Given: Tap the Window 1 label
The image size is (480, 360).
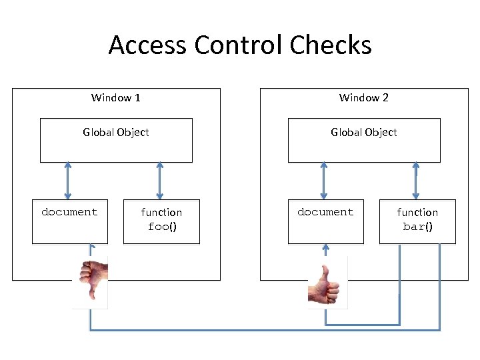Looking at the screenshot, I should (115, 98).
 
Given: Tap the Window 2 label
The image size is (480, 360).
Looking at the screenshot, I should (363, 98).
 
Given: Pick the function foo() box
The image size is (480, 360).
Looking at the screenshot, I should (161, 221).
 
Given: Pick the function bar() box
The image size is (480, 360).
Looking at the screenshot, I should (417, 221).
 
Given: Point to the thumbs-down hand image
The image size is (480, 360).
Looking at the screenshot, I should (91, 280).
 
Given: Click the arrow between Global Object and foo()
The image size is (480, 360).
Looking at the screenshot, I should (159, 181).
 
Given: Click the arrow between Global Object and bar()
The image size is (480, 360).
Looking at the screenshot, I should (416, 181).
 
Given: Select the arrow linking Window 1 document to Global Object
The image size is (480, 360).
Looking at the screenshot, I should (67, 181).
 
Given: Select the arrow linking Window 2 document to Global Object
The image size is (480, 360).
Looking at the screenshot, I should (324, 181).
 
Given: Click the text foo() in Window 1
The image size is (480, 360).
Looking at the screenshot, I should (161, 227).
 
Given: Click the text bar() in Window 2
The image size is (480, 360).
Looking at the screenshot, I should (418, 227).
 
